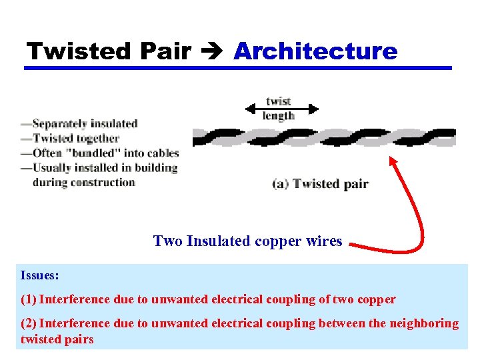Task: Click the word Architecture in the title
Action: [315, 51]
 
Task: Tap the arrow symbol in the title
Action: [213, 51]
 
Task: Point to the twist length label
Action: [278, 108]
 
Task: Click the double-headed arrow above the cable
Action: [282, 109]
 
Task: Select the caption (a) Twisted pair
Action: [320, 184]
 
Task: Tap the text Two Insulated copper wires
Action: [247, 241]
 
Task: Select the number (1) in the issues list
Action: [29, 299]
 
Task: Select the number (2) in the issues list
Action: [29, 323]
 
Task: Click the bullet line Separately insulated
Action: [79, 123]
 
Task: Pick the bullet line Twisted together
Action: [70, 138]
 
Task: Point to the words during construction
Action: [83, 182]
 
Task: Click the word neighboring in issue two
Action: [423, 323]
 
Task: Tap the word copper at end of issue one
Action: [377, 299]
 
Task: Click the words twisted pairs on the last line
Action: [57, 339]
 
